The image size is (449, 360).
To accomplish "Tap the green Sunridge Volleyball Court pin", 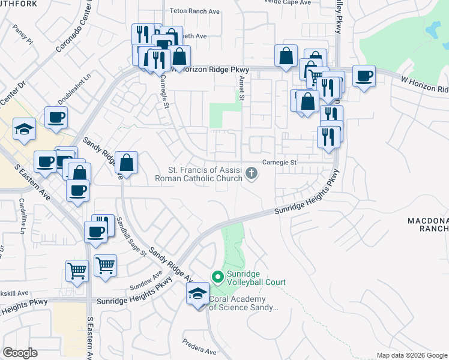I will [217, 277].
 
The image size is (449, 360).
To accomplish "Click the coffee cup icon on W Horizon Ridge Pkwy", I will [364, 76].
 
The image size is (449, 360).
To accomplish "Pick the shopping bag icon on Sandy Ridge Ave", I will [127, 162].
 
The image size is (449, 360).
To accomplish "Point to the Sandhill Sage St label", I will [131, 236].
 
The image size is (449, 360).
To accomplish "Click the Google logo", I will [20, 353].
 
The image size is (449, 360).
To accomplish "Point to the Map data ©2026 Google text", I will [411, 355].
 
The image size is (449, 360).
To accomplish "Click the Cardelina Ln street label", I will [22, 216].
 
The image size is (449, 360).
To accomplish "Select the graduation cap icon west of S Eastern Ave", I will [24, 129].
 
